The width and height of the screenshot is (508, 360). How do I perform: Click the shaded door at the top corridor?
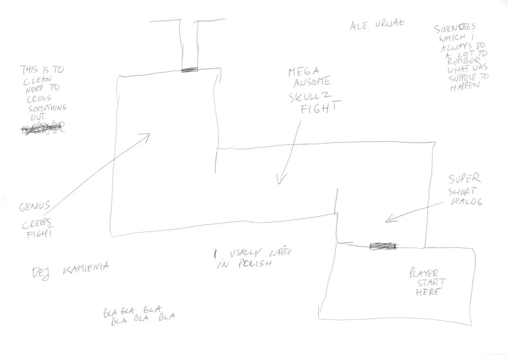[189, 69]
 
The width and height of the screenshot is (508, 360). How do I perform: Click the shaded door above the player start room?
[383, 247]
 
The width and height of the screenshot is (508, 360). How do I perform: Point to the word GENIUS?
[34, 207]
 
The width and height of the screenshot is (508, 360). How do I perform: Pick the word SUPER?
[464, 179]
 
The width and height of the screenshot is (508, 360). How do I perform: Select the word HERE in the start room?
[428, 293]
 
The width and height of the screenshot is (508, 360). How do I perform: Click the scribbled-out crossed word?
[43, 129]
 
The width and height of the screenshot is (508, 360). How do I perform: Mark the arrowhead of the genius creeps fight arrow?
[149, 135]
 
